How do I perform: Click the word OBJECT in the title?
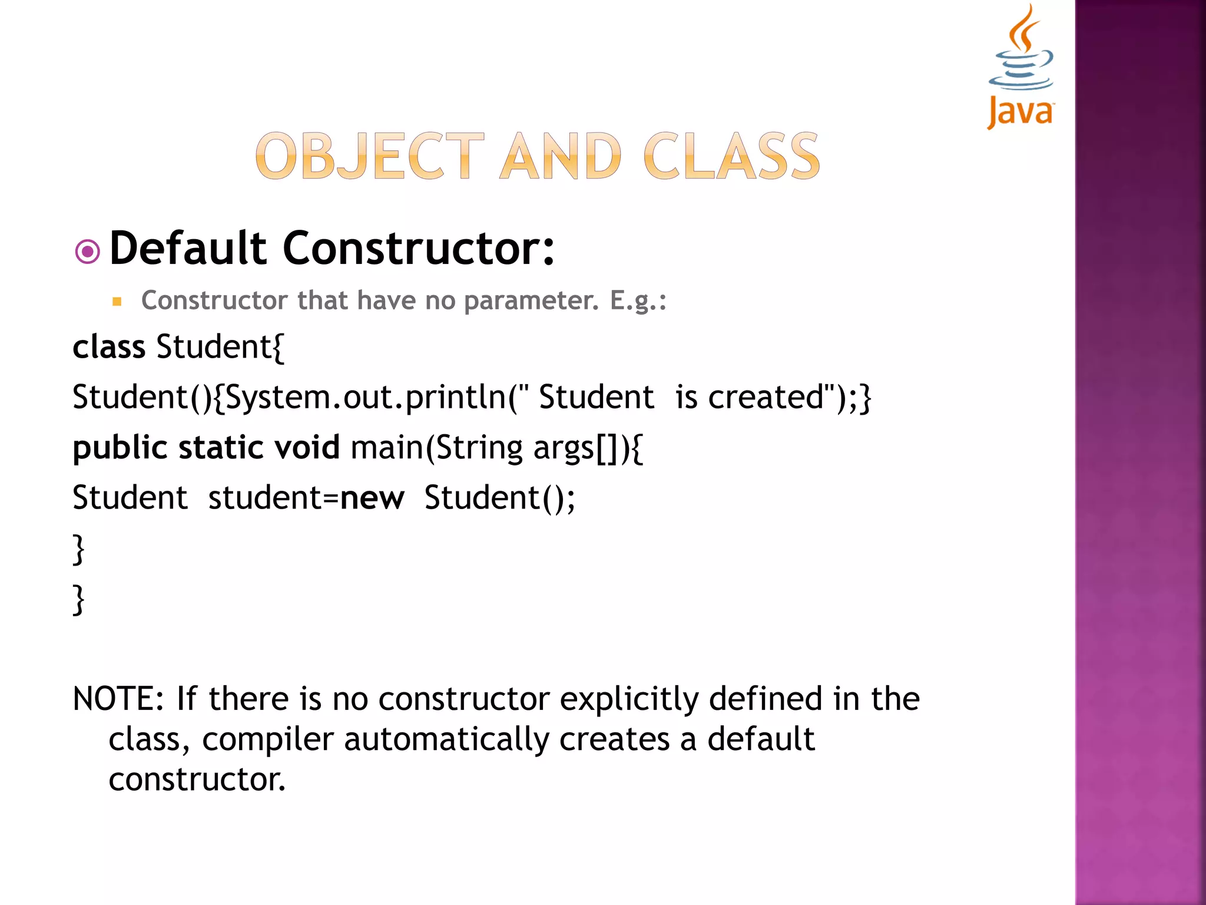tap(370, 156)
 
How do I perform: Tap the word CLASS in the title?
tap(731, 156)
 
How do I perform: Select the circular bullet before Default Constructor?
tap(88, 252)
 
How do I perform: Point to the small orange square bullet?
tap(117, 302)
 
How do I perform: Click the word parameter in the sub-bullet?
tap(531, 300)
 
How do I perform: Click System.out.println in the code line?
tap(365, 397)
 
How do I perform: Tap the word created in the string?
tap(765, 397)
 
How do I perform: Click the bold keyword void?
tap(307, 447)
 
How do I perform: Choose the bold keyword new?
tap(372, 498)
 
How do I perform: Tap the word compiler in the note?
tap(268, 739)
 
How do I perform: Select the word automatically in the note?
tap(446, 739)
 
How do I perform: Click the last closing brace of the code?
tap(78, 600)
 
